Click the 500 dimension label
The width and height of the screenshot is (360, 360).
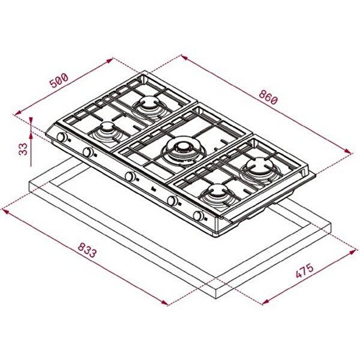tap(59, 80)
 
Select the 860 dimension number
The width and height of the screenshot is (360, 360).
tap(268, 97)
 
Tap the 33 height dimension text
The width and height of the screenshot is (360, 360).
tap(23, 149)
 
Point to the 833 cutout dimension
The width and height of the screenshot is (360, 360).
tap(86, 250)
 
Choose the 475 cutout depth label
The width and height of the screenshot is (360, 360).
tap(304, 271)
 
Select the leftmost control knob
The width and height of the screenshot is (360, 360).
tap(62, 137)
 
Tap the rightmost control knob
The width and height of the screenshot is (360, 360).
tap(199, 216)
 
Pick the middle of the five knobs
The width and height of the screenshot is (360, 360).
tap(130, 176)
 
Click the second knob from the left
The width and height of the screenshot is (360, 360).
tap(88, 152)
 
